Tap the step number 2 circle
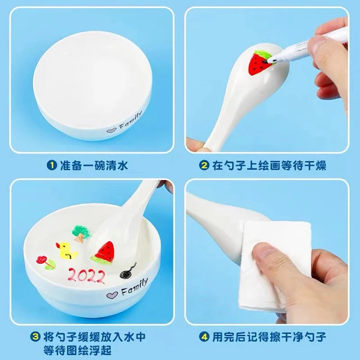click(x=204, y=166)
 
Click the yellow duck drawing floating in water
click(x=64, y=250)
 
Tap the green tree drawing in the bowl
click(x=80, y=232)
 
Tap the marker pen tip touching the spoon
click(x=273, y=59)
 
